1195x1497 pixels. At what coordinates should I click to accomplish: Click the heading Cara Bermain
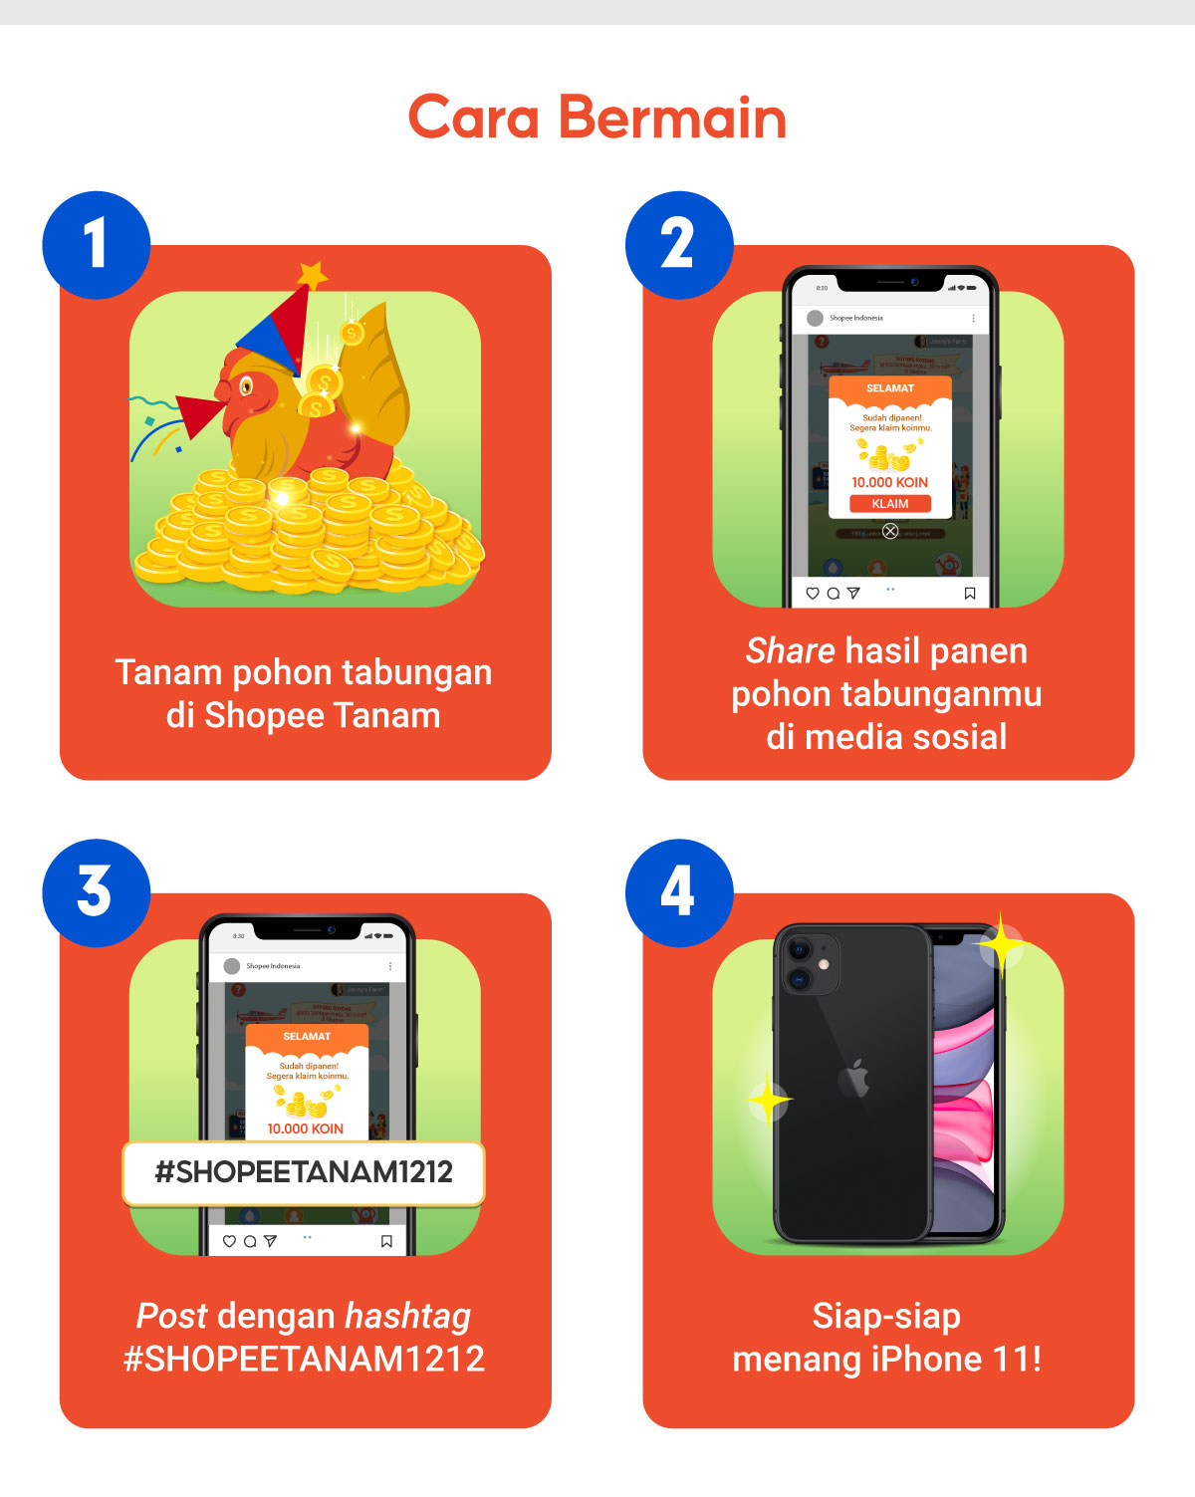tap(597, 118)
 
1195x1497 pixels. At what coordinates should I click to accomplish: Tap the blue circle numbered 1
tap(96, 244)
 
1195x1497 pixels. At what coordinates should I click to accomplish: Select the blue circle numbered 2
tap(678, 244)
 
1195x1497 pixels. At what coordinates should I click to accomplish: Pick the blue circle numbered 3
tap(96, 892)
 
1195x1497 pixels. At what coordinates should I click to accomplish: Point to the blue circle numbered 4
tap(678, 892)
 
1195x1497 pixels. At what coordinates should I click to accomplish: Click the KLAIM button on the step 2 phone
tap(890, 504)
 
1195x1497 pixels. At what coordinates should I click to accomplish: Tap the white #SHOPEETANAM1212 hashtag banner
tap(304, 1172)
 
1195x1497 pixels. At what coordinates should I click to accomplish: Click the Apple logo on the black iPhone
tap(854, 1080)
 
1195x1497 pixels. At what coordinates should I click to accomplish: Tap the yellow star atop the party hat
tap(313, 274)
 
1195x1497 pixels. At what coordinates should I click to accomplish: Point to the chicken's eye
tap(246, 385)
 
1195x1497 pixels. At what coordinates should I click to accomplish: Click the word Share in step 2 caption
tap(790, 651)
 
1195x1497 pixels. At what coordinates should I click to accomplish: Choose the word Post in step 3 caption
tap(171, 1317)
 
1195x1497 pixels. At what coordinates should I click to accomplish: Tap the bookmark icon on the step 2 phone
tap(970, 594)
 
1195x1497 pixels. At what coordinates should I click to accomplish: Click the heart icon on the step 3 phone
tap(229, 1242)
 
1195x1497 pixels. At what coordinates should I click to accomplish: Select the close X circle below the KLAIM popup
tap(890, 531)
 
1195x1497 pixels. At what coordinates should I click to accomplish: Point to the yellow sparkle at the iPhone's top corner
tap(1001, 943)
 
